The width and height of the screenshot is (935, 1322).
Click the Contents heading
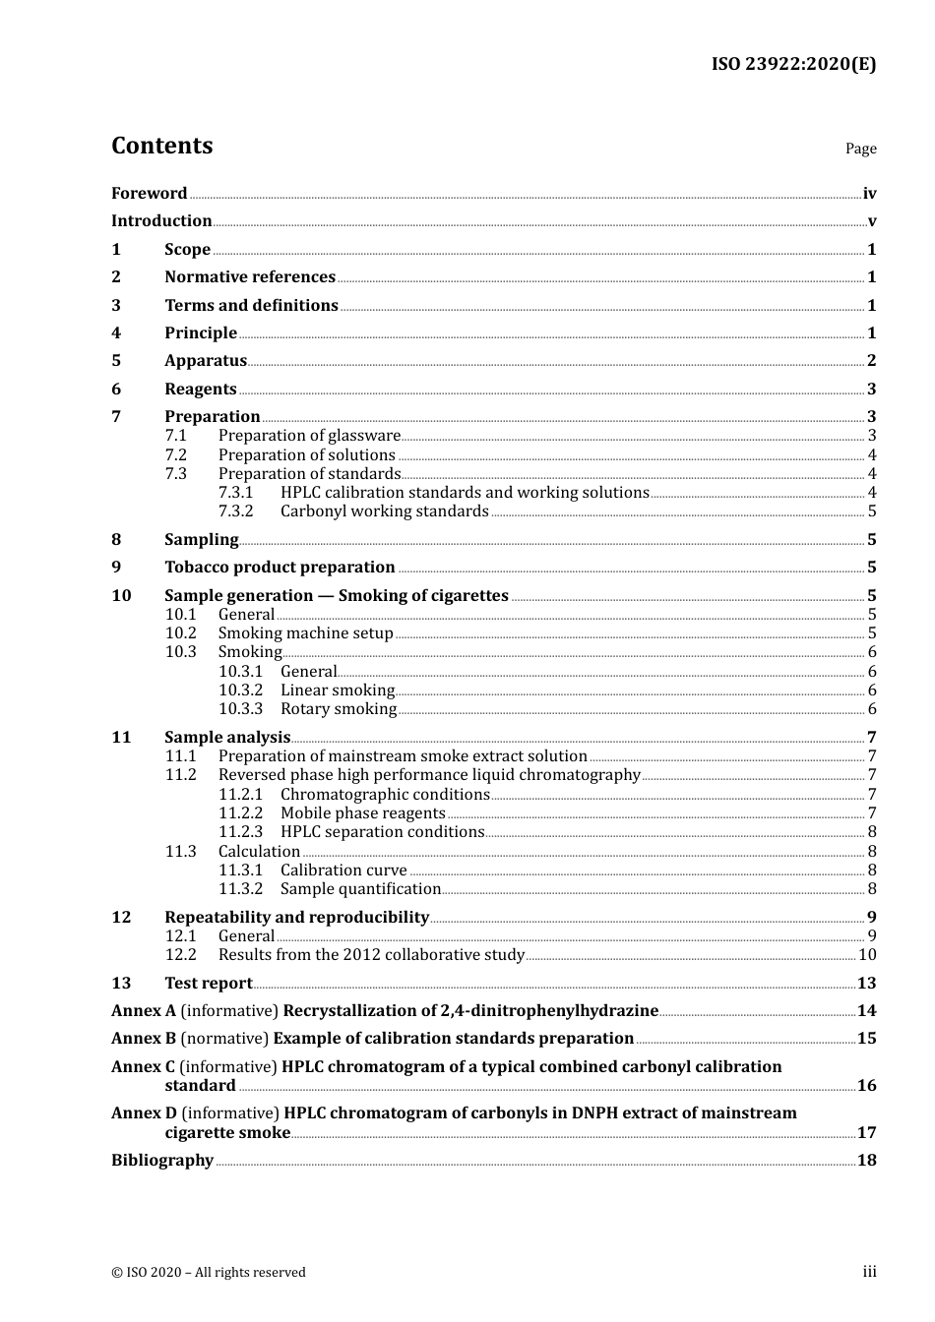coord(161,146)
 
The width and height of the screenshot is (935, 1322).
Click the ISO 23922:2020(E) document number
coord(793,64)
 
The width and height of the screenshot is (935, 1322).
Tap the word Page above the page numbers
coord(860,149)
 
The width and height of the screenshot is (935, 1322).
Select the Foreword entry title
coord(149,194)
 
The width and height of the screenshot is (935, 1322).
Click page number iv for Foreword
coord(869,194)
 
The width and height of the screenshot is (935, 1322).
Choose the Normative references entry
coord(250,277)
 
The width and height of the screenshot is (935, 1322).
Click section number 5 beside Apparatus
coord(116,361)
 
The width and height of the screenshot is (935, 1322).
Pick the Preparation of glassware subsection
coord(309,436)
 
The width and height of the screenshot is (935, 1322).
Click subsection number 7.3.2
coord(236,511)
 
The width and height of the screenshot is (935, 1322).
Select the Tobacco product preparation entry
coord(280,568)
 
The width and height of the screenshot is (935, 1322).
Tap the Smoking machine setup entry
coord(305,633)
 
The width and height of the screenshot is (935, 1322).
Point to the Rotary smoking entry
coord(339,709)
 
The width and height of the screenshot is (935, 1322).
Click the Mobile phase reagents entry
coord(362,813)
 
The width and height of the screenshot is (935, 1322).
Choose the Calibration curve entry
coord(343,871)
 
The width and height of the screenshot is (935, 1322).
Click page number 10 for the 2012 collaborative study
coord(867,955)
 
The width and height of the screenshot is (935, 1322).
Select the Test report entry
coord(208,984)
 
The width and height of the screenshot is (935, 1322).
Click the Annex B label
coord(144,1039)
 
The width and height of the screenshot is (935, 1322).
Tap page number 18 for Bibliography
coord(866,1161)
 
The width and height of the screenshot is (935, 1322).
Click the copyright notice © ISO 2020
coord(209,1273)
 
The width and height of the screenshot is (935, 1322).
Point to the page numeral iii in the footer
coord(869,1272)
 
